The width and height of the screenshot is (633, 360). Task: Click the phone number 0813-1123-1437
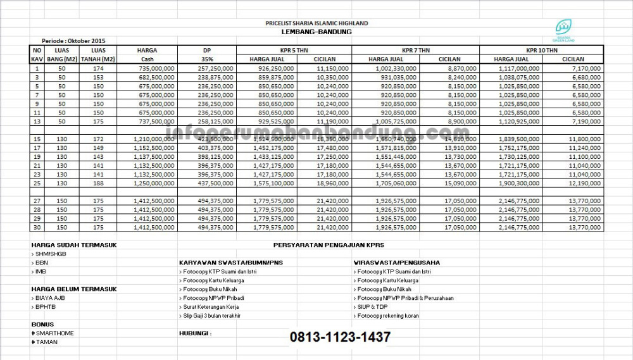tap(340, 337)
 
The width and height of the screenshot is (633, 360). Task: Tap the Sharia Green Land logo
tap(562, 28)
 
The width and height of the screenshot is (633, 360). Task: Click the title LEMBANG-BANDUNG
tap(316, 32)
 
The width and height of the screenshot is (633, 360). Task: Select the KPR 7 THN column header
tap(415, 50)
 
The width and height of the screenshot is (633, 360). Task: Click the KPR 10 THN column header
tap(542, 50)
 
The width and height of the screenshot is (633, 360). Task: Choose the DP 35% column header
tap(206, 54)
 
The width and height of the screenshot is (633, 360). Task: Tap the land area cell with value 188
tap(97, 183)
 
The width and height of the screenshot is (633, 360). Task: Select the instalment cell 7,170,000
tap(585, 68)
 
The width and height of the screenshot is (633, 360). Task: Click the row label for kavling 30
tap(37, 227)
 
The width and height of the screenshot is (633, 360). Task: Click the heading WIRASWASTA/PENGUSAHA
tap(397, 262)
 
